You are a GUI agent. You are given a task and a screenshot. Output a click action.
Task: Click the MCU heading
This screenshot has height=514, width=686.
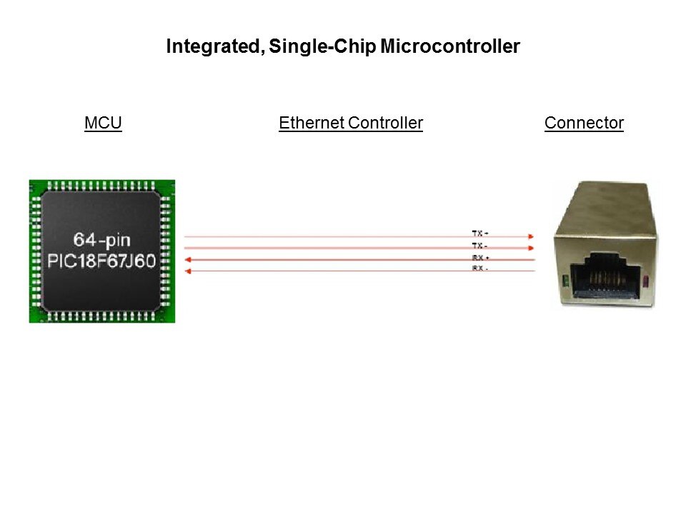click(x=103, y=124)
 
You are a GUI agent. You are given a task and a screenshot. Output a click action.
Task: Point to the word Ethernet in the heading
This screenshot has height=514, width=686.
click(x=311, y=124)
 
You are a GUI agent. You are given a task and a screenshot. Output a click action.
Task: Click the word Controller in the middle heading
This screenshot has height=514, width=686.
click(x=385, y=124)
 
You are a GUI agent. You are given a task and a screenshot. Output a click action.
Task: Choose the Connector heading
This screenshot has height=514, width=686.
click(x=584, y=124)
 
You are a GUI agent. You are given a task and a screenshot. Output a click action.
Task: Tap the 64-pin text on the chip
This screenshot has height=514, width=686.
click(x=101, y=238)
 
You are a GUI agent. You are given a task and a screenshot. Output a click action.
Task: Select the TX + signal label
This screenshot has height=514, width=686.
click(x=479, y=233)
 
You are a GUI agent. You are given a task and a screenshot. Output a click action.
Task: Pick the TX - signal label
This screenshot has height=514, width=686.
click(x=479, y=246)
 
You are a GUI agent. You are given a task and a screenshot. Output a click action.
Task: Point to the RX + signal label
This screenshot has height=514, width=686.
click(x=479, y=257)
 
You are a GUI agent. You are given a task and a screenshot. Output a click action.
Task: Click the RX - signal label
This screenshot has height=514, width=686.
click(x=479, y=268)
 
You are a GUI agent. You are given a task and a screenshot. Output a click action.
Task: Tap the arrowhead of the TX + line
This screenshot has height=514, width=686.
click(x=530, y=236)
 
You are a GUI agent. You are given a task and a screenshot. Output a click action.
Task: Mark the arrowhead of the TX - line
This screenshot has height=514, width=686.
click(x=530, y=248)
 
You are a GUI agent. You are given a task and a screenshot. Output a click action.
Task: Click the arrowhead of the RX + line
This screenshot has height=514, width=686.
click(x=189, y=260)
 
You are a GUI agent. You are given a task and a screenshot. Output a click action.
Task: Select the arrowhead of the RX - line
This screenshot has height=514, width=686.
click(x=189, y=271)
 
